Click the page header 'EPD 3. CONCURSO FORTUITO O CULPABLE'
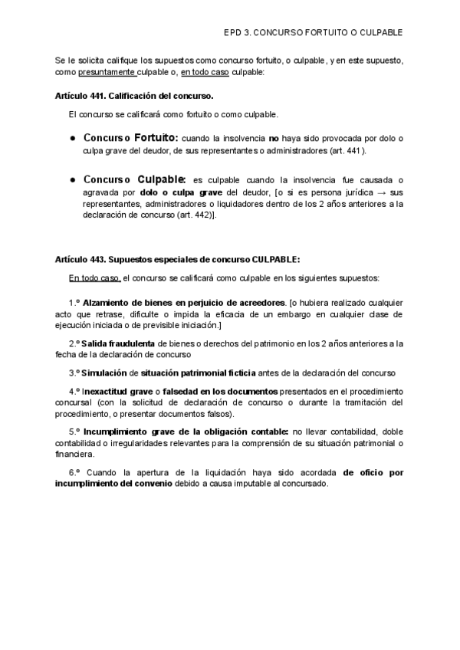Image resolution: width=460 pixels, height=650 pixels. (x=313, y=34)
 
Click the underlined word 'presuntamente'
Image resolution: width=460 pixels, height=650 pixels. (x=107, y=73)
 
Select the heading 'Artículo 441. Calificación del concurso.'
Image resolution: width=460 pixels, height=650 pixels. (x=134, y=97)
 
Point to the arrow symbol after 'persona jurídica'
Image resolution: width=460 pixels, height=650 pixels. (x=382, y=192)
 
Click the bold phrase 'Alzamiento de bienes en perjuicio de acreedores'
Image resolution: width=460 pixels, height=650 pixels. (x=183, y=301)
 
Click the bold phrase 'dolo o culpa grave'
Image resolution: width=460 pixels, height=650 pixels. (x=179, y=192)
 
